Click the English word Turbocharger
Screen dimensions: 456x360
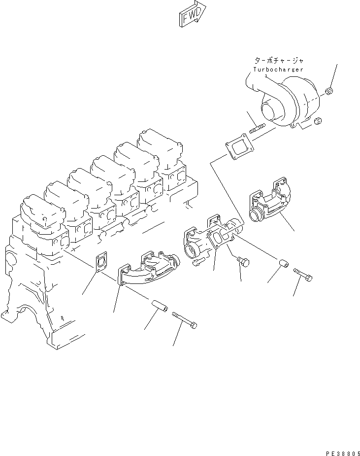(x=278, y=70)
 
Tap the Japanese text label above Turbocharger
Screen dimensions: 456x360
(x=279, y=60)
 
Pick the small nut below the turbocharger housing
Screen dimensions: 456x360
(x=318, y=120)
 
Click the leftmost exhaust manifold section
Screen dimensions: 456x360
(x=145, y=269)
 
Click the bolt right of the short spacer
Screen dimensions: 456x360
(x=303, y=276)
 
